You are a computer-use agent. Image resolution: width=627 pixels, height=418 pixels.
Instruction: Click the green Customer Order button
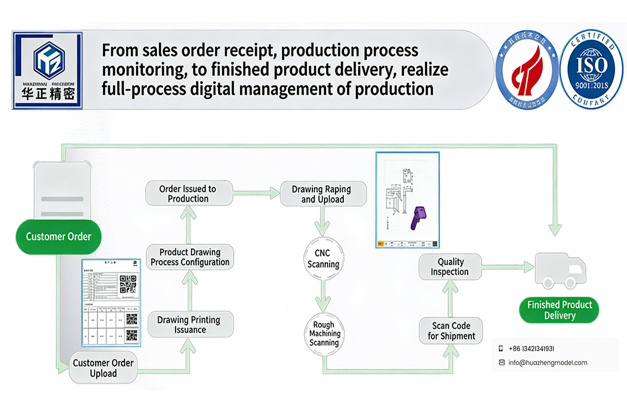pos(59,237)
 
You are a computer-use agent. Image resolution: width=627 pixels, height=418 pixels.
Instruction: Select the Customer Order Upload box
pos(103,368)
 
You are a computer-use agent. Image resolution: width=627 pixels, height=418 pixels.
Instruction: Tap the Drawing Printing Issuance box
pos(189,324)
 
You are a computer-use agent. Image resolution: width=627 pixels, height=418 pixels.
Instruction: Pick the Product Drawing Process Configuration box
pos(190,257)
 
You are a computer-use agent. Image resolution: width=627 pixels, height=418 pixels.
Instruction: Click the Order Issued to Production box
pos(188,193)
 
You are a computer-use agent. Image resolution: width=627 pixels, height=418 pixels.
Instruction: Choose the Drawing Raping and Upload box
pos(321,194)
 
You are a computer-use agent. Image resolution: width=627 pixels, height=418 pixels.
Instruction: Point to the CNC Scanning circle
pos(323,259)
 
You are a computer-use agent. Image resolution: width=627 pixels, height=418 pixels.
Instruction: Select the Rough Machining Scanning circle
pos(324,333)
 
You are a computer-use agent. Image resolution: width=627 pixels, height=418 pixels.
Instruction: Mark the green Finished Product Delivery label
pos(560,310)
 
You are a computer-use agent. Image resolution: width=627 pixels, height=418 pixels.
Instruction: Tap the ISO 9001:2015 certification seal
pos(591,68)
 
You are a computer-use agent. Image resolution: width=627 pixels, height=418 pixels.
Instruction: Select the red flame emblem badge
pos(526,68)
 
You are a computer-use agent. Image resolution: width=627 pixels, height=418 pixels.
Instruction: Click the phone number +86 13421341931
pos(531,349)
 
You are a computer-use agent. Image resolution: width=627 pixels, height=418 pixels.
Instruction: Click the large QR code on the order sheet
pos(128,284)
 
